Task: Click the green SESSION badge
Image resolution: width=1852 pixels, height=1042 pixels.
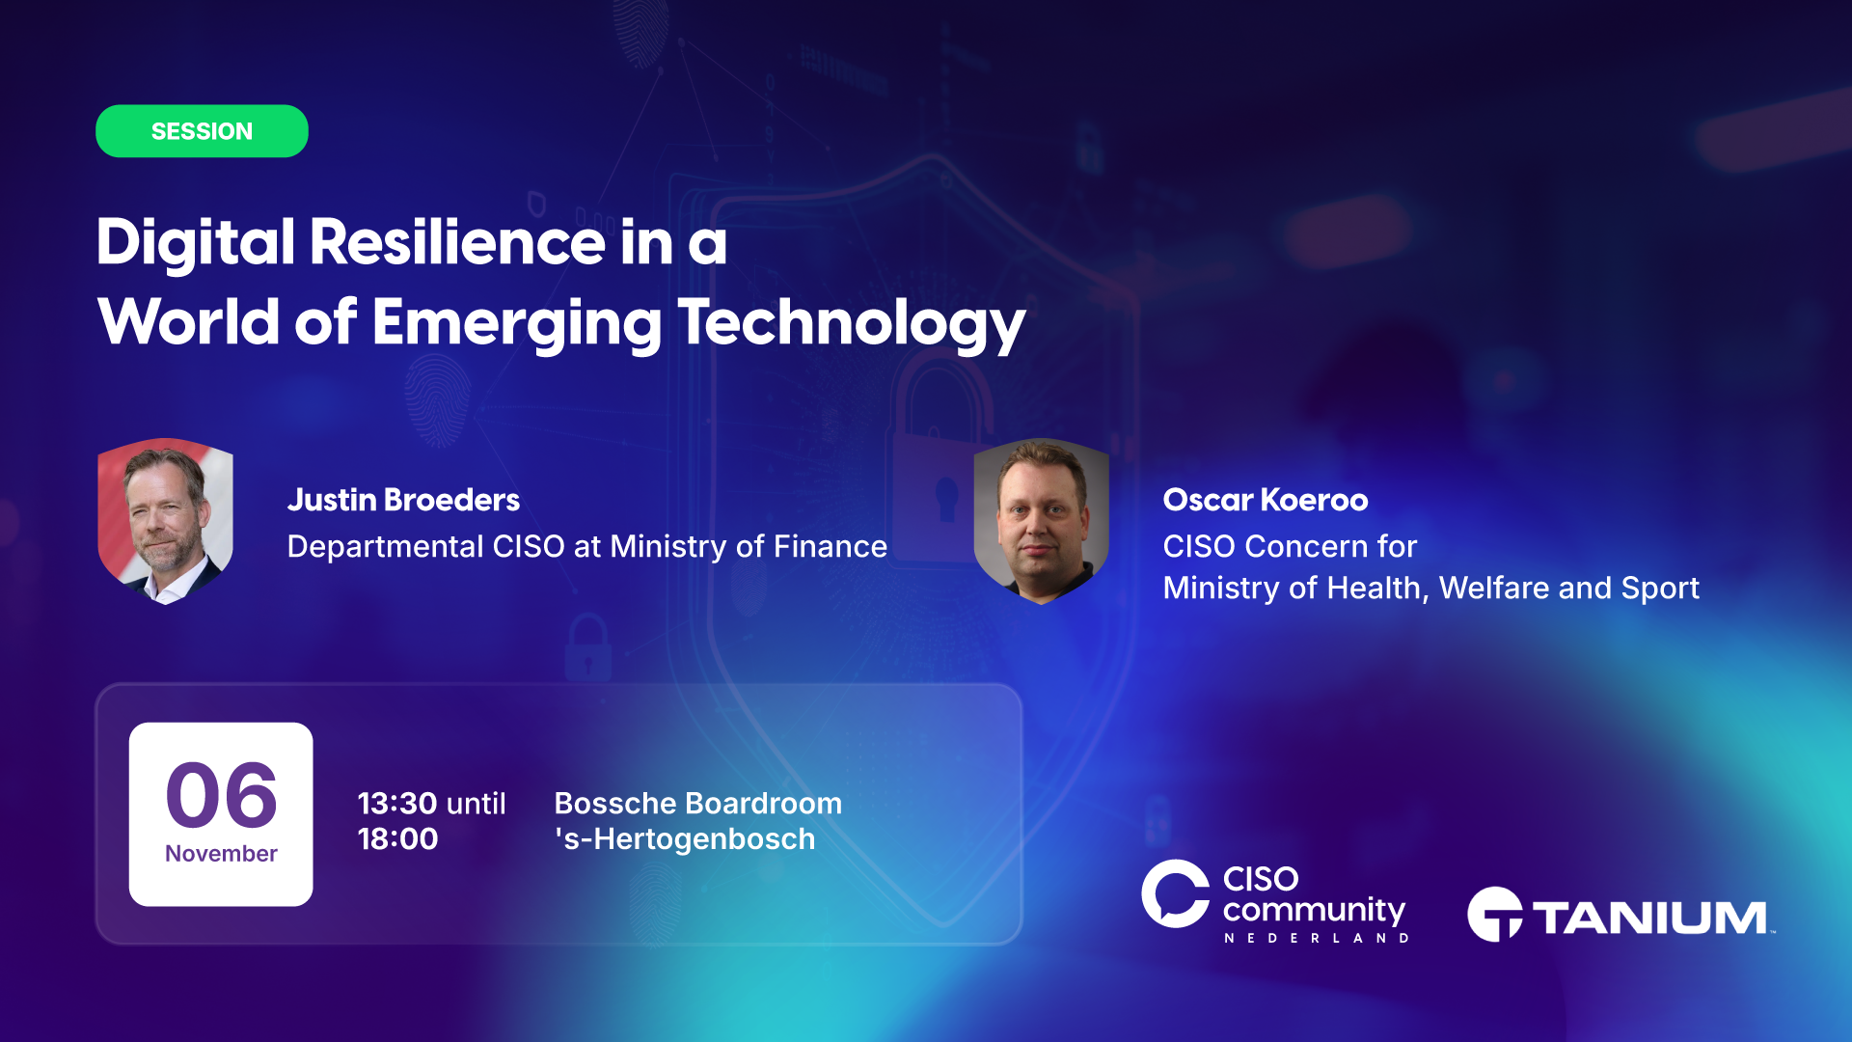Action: click(x=202, y=131)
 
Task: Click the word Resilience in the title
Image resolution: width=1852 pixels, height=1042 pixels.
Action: click(x=457, y=241)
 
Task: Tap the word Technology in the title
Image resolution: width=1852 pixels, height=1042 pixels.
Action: click(x=852, y=323)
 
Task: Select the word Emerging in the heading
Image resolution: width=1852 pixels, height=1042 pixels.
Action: click(x=517, y=323)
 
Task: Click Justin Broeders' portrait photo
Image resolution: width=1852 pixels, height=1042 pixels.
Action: click(x=166, y=521)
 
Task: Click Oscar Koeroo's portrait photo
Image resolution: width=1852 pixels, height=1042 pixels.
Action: click(x=1042, y=521)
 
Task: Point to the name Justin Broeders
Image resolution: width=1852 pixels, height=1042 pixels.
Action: click(x=403, y=500)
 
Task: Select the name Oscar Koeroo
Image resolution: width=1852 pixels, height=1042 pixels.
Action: click(x=1266, y=500)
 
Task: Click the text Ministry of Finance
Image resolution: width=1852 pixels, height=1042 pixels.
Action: click(x=749, y=547)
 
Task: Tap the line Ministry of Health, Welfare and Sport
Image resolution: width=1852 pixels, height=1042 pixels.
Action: click(x=1431, y=588)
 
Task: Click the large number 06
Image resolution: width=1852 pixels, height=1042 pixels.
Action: click(x=222, y=795)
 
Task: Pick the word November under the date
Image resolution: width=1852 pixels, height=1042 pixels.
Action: click(x=221, y=854)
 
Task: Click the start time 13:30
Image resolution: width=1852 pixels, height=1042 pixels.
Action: click(x=397, y=803)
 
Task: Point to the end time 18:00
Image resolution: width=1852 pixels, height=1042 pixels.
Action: click(x=397, y=838)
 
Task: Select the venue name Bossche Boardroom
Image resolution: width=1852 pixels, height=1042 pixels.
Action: click(x=698, y=803)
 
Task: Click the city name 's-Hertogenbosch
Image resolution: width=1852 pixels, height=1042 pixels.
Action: click(x=685, y=839)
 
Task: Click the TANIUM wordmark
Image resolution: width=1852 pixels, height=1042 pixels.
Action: click(x=1651, y=918)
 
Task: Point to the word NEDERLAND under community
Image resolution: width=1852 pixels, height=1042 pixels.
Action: click(x=1317, y=938)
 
